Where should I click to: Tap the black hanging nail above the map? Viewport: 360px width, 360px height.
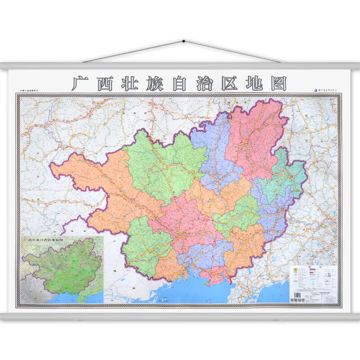(x=184, y=41)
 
